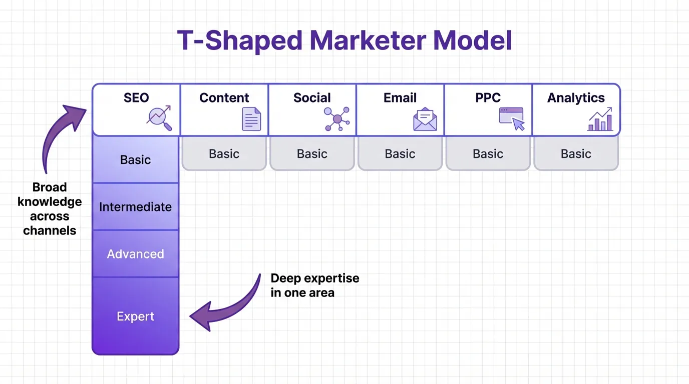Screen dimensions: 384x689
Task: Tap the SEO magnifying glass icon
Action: pyautogui.click(x=159, y=118)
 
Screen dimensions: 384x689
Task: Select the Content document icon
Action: pyautogui.click(x=251, y=119)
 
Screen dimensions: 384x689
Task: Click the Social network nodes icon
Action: pyautogui.click(x=337, y=119)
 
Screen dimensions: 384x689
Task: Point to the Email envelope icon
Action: pyautogui.click(x=425, y=119)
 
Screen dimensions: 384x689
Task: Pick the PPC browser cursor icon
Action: pyautogui.click(x=512, y=119)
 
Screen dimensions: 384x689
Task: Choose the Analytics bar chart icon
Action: pyautogui.click(x=600, y=119)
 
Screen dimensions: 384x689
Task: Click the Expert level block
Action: pyautogui.click(x=135, y=316)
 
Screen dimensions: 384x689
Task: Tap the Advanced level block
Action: pyautogui.click(x=135, y=253)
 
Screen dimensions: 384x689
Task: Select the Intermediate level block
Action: pyautogui.click(x=135, y=206)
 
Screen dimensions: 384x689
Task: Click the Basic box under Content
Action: pyautogui.click(x=224, y=153)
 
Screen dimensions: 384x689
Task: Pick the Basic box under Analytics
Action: pyautogui.click(x=576, y=153)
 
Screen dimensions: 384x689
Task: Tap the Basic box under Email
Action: pyautogui.click(x=400, y=153)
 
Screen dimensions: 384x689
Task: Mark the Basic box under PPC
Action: pyautogui.click(x=488, y=153)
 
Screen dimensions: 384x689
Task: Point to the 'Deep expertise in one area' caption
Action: pyautogui.click(x=314, y=285)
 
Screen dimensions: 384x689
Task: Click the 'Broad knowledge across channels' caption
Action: pyautogui.click(x=50, y=208)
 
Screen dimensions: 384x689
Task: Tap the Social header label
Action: pyautogui.click(x=312, y=97)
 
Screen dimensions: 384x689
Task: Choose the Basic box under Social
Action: pyautogui.click(x=312, y=153)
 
